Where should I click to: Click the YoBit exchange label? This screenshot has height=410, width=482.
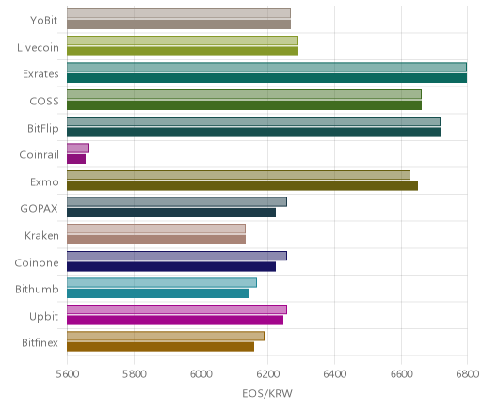tap(43, 21)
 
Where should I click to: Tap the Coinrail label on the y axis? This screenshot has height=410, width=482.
tap(39, 155)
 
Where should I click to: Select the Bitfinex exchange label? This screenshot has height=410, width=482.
tap(40, 343)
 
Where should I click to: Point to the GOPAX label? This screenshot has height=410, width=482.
tap(39, 209)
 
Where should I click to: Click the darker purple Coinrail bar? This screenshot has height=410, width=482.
tap(76, 159)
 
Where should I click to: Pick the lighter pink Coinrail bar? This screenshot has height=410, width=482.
tap(78, 149)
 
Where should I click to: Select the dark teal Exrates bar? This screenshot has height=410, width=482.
tap(267, 78)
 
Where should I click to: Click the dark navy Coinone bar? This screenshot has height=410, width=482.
tap(171, 267)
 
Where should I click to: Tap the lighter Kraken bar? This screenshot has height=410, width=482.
tap(156, 229)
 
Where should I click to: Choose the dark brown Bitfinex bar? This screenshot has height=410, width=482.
tap(161, 347)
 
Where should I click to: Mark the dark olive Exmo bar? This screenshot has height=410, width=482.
tap(243, 185)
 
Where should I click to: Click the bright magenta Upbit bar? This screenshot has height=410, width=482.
tap(175, 321)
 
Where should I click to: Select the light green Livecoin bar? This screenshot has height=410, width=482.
tap(183, 40)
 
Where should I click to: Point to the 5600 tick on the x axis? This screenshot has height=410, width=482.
tap(67, 374)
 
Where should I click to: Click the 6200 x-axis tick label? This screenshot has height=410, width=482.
tap(267, 374)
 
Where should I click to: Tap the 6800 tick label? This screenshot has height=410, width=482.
tap(467, 374)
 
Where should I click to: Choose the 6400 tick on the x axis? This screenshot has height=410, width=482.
tap(334, 374)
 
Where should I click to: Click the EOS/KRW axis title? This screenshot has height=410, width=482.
tap(267, 393)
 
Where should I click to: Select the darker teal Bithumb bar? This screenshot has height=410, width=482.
tap(158, 293)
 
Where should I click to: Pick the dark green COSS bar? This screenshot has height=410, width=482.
tap(245, 105)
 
